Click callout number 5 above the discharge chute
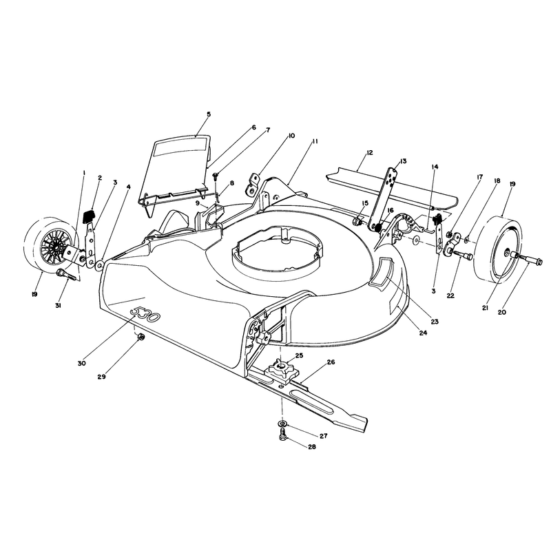209,114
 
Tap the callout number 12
369,153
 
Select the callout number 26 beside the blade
331,362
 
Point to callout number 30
81,364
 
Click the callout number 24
423,333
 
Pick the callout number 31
58,306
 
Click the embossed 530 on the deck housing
145,314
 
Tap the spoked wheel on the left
51,245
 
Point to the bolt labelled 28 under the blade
282,435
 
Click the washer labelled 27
282,424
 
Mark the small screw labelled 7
216,179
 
